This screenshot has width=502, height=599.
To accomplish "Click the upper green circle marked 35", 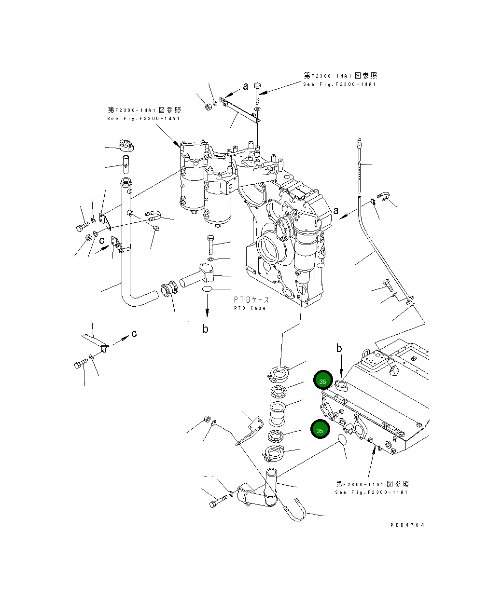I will point(322,381).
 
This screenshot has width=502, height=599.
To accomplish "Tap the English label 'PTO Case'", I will point(250,308).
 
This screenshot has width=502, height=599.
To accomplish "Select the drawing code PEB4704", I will point(407,525).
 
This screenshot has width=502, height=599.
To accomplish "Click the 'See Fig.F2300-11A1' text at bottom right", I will point(371,492).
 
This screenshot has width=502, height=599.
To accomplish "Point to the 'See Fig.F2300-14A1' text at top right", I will point(339,84).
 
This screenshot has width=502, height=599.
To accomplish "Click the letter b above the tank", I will point(339,348).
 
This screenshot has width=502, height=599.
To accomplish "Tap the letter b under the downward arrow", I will point(205,329).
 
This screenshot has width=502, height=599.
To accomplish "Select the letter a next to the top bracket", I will point(246,87).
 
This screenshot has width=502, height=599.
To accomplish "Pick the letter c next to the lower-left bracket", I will point(134,334).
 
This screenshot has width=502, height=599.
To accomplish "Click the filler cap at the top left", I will point(125,144).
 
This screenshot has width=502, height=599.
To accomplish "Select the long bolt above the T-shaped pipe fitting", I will point(209,245).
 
